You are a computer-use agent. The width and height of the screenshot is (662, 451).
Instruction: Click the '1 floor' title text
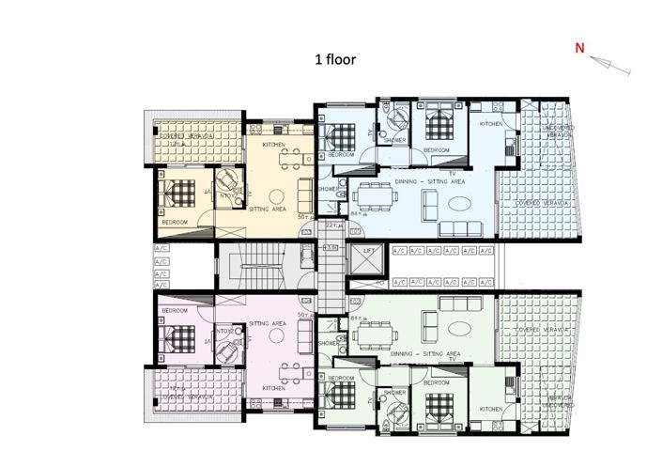coord(335,58)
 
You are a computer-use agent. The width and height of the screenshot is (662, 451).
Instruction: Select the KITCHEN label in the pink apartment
coord(274,387)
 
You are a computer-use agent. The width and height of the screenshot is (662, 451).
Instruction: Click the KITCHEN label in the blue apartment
coord(492,124)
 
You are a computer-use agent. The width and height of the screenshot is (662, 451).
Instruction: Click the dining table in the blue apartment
coord(375,197)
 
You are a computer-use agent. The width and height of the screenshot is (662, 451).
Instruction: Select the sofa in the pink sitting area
coord(304,332)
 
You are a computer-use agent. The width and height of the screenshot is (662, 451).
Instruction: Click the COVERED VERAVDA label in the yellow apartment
coord(190,135)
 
